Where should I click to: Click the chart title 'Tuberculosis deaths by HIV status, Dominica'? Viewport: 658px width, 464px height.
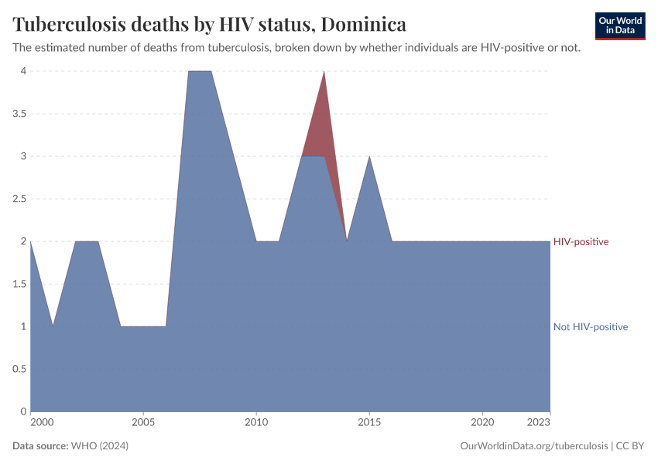(209, 24)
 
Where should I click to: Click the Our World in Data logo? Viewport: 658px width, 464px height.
(619, 26)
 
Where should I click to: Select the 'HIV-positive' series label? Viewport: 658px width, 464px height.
(581, 242)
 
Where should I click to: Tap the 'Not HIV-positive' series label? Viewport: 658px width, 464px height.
(590, 327)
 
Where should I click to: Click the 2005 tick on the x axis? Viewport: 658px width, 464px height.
(142, 422)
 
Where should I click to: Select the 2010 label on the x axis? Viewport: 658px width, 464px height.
(256, 422)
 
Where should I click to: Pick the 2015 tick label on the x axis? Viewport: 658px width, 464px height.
(369, 422)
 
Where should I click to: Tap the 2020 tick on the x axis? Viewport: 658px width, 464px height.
(482, 422)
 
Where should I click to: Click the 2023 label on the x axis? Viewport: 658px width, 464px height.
(539, 422)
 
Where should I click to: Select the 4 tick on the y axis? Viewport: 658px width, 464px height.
(23, 71)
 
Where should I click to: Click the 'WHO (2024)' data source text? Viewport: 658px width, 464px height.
(99, 446)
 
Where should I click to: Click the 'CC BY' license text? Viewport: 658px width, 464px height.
(630, 446)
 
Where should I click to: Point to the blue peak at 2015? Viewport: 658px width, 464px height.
(369, 158)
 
